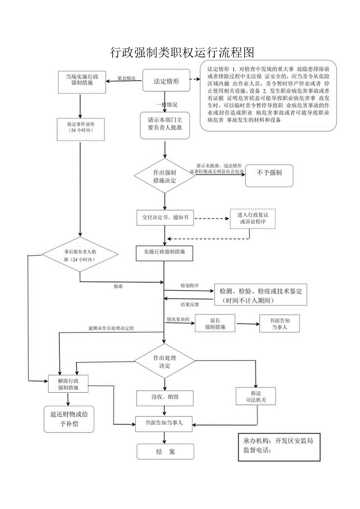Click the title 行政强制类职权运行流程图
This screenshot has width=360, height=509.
coord(182,52)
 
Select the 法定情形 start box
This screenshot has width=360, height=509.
coord(166,81)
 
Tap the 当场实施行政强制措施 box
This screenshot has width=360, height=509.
coord(82,82)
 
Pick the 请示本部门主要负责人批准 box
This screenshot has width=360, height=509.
coord(165,125)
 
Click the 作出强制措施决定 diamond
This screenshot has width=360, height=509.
coord(165,176)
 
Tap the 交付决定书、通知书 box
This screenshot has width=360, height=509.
coord(165,218)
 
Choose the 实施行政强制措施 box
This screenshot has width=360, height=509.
coord(165,253)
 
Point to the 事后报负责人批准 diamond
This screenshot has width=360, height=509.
coord(80,255)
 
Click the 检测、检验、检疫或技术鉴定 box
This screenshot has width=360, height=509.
coord(261,295)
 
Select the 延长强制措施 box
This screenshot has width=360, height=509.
coord(215,324)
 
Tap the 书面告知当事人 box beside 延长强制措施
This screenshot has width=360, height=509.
coord(279,324)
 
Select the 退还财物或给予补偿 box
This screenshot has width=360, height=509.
coord(69,419)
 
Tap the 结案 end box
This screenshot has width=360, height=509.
coord(165,452)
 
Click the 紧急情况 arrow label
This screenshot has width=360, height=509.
coord(127,79)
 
